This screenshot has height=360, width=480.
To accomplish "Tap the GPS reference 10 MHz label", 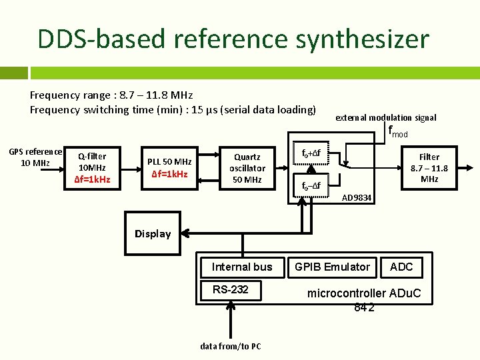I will point(35,157).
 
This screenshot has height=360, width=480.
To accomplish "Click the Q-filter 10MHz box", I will point(92,162).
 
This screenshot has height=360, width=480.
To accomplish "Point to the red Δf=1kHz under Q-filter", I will point(92,180).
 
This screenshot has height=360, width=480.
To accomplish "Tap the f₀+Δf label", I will point(311,153).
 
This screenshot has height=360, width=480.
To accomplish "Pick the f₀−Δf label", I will point(311,185).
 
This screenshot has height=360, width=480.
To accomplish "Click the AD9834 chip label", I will point(357,199).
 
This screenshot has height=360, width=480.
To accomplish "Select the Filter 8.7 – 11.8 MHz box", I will point(429,168).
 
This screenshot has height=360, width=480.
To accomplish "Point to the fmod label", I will point(398,133).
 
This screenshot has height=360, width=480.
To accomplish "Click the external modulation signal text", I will point(385,117).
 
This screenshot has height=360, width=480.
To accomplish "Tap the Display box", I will point(153,234).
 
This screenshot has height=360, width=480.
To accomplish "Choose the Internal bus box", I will point(242,267).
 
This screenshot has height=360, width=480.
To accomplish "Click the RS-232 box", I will point(230,289).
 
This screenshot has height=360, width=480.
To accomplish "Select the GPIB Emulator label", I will point(332,267).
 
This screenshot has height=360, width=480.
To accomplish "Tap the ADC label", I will point(401,267).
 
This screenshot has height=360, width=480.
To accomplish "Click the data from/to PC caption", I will point(230,346).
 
